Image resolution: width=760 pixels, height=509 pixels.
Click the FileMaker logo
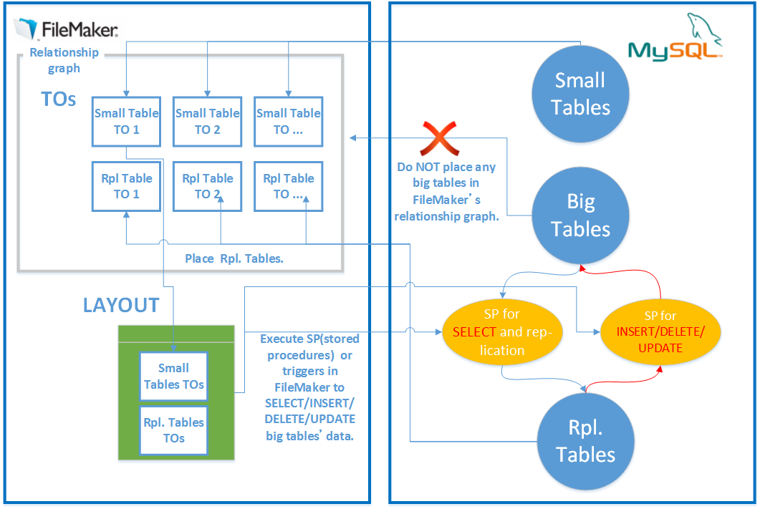click(x=66, y=29)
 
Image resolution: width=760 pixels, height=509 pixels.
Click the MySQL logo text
click(x=673, y=50)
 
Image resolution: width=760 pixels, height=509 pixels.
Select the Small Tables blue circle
click(x=580, y=94)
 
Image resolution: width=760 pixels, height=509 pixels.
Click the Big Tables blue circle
click(x=580, y=215)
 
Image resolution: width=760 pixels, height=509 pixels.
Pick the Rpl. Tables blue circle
click(x=585, y=441)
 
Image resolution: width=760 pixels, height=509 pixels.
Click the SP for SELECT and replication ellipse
click(x=501, y=332)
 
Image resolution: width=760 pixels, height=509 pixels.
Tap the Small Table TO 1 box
click(x=126, y=121)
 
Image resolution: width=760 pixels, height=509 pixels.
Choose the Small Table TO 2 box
click(x=207, y=121)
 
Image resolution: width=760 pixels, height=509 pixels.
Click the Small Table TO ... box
click(x=288, y=121)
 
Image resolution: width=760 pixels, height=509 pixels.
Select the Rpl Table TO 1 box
click(x=126, y=186)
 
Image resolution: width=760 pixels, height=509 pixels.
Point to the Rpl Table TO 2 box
click(x=207, y=186)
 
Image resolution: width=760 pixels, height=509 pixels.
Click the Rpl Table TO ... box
click(x=288, y=186)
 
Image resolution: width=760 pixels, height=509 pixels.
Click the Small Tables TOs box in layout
click(x=174, y=377)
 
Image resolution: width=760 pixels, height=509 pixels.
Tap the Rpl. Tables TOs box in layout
click(x=174, y=430)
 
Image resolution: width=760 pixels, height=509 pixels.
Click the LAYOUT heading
click(x=121, y=305)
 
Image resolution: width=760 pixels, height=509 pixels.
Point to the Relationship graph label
click(x=64, y=60)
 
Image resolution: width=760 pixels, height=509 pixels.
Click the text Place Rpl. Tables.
click(x=234, y=258)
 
